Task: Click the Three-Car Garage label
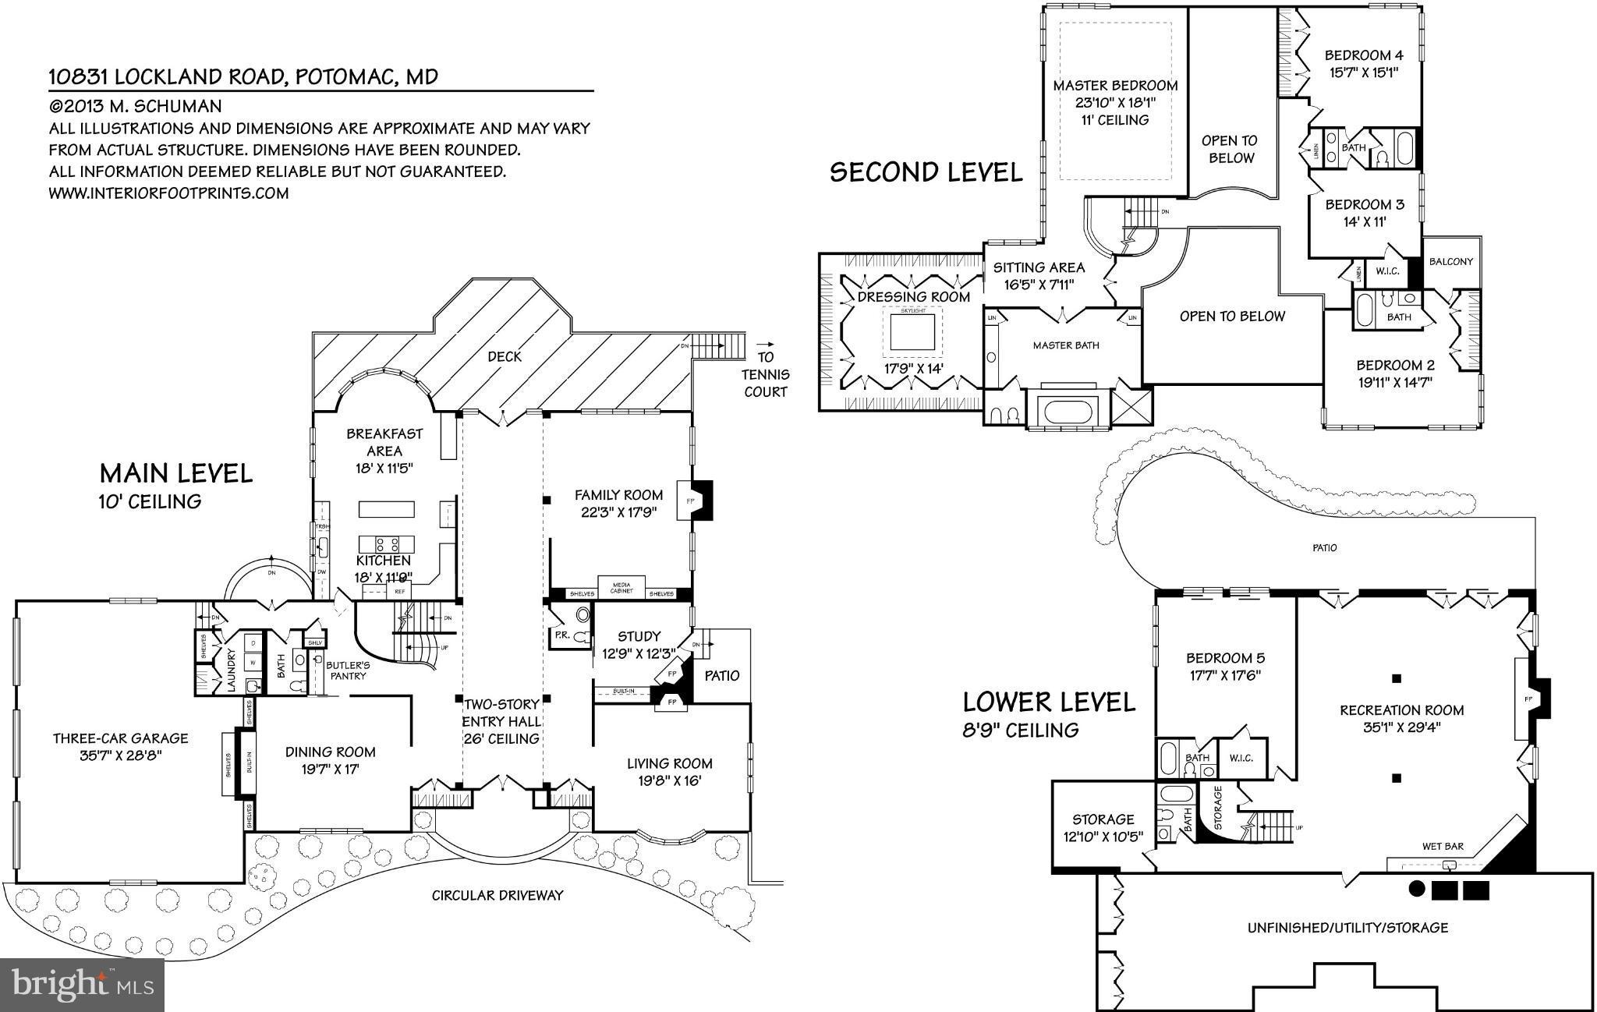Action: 120,738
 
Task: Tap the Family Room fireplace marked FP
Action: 691,501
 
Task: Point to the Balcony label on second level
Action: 1451,261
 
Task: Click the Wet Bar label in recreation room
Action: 1443,846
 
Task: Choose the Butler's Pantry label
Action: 348,670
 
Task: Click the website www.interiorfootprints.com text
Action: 168,193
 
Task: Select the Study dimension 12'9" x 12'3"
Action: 638,653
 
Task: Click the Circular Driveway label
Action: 497,895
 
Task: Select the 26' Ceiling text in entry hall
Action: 502,738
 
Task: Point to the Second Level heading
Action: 926,172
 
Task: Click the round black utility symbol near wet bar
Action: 1417,889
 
